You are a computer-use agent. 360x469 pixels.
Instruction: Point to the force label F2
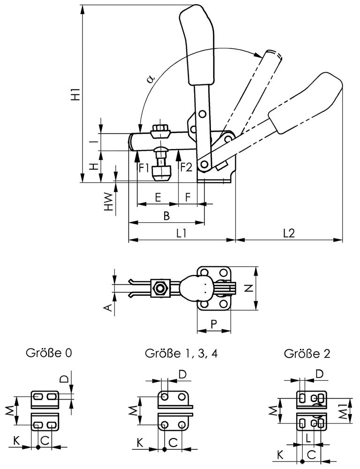[186, 167]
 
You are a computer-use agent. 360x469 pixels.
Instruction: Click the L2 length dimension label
[289, 233]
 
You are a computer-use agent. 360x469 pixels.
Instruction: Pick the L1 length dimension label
[181, 233]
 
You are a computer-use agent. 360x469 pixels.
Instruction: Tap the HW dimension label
[108, 201]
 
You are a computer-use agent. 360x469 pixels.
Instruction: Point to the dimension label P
[214, 323]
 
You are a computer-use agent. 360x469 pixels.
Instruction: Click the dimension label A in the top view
[107, 307]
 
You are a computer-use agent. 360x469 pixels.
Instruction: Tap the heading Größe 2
[307, 353]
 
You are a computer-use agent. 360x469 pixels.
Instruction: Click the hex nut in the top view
[160, 288]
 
